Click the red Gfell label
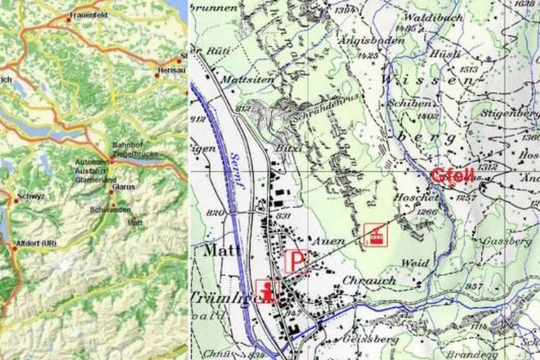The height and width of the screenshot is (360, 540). click(x=452, y=175)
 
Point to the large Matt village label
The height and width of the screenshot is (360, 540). click(x=222, y=250)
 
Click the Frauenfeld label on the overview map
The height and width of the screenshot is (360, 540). click(x=89, y=14)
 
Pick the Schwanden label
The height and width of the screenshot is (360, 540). click(x=111, y=210)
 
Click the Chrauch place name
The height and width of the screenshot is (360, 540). click(x=369, y=280)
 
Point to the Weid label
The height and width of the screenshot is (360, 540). click(x=415, y=263)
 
